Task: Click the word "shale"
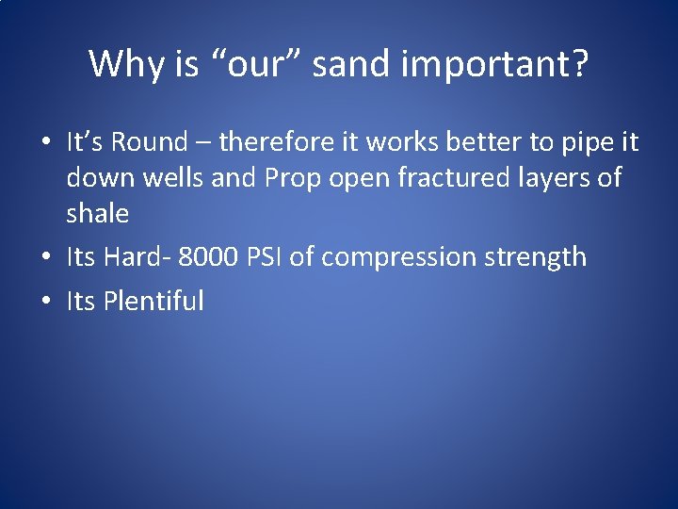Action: tap(97, 214)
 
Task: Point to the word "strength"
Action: tap(537, 257)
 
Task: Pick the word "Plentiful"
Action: tap(153, 302)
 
